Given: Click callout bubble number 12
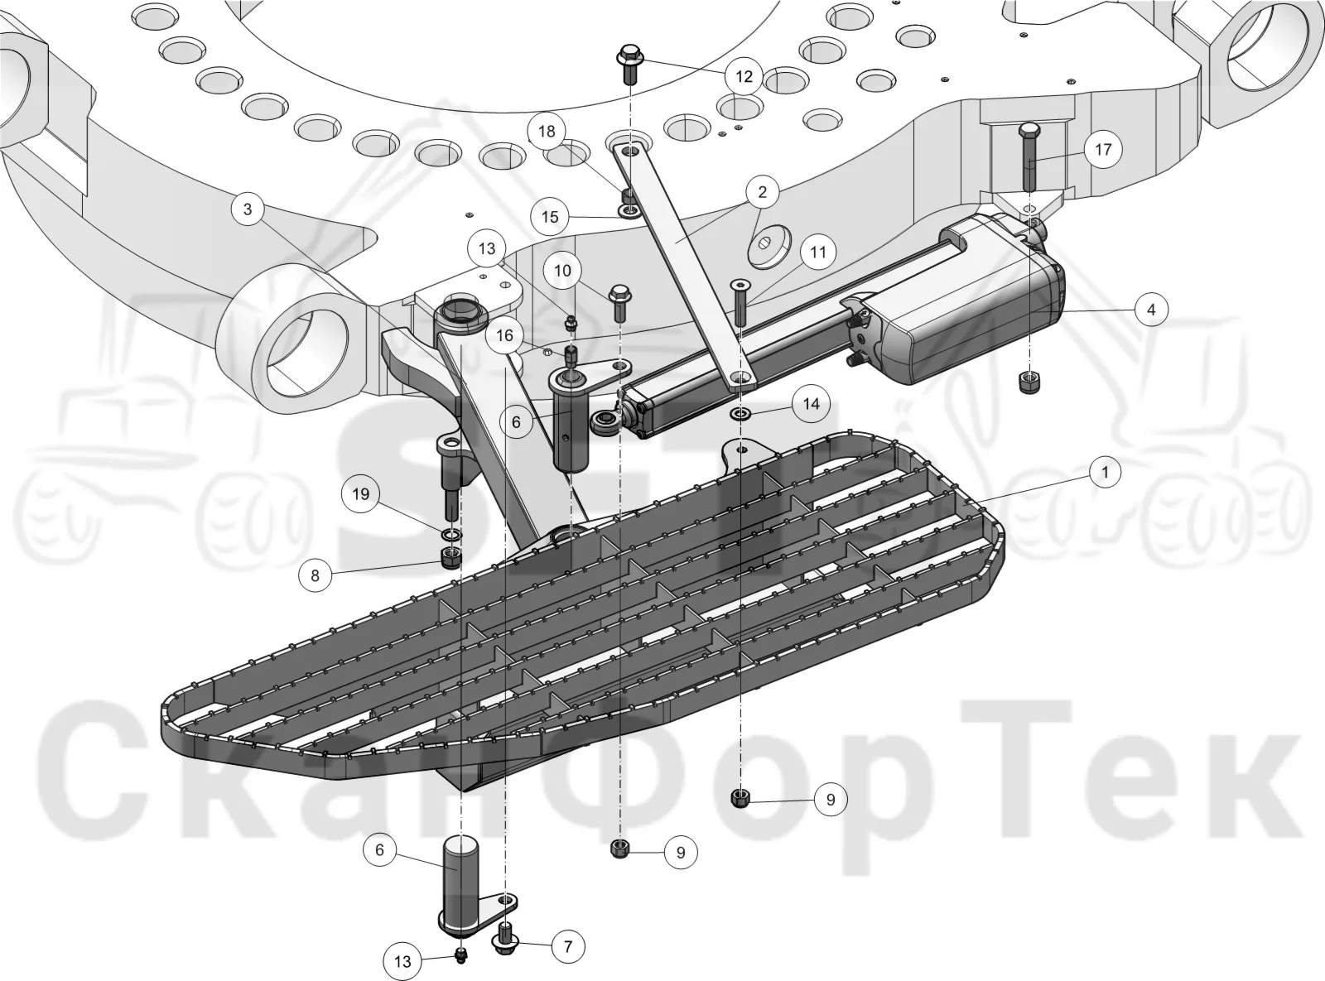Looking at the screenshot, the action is click(x=744, y=76).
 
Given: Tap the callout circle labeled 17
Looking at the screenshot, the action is click(x=1103, y=149).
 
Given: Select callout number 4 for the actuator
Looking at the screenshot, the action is click(x=1150, y=309).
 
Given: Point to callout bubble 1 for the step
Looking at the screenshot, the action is click(x=1105, y=472).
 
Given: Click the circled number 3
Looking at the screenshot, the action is click(x=248, y=209).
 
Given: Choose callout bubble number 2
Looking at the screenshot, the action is click(x=762, y=192).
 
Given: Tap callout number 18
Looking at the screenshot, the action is click(x=547, y=132).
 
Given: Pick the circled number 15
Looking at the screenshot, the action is click(x=550, y=216).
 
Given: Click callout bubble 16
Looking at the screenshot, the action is click(x=504, y=335).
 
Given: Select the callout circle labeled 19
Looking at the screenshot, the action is click(x=361, y=494).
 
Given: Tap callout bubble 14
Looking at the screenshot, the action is click(x=811, y=404).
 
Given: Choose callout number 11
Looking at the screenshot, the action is click(x=817, y=252).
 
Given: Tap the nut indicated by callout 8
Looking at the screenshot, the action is click(x=450, y=559).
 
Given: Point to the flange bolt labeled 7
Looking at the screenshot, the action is click(x=505, y=939).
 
